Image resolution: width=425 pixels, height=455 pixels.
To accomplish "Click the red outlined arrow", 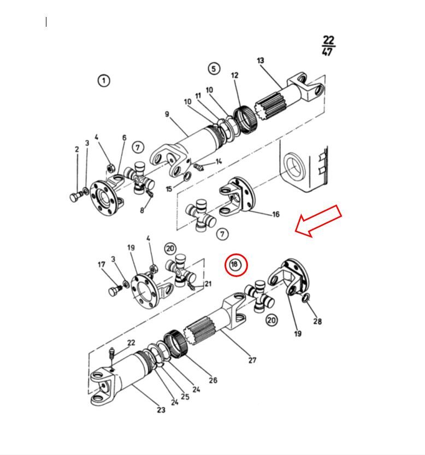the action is point(318,221).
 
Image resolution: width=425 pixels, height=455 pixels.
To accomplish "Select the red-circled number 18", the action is point(237,264).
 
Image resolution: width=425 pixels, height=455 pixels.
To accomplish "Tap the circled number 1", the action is point(104,80).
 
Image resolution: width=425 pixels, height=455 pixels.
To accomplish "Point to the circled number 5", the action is point(214,68).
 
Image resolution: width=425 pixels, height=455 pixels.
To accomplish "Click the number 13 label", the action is point(261,60).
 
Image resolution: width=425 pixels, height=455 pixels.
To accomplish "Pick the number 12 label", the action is point(234,75).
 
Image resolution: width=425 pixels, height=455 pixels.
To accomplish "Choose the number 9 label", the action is point(167,114).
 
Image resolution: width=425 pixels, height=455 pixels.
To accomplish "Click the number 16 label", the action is point(276,215).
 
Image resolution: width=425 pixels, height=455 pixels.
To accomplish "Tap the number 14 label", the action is point(219,161).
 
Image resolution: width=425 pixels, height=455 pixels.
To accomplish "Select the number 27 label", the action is point(252,360).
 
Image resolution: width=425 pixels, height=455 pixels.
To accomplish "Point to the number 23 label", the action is point(161,410).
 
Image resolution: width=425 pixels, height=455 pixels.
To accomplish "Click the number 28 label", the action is point(317,321).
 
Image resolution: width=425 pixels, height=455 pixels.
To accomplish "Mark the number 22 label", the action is point(131,342).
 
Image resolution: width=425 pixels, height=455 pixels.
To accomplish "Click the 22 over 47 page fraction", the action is point(328,45).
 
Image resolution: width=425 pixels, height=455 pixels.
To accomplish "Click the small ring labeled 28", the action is point(306,298).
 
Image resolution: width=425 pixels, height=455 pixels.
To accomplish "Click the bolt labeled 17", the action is point(115,290).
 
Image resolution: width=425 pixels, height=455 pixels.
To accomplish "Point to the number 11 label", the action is point(198,96).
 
